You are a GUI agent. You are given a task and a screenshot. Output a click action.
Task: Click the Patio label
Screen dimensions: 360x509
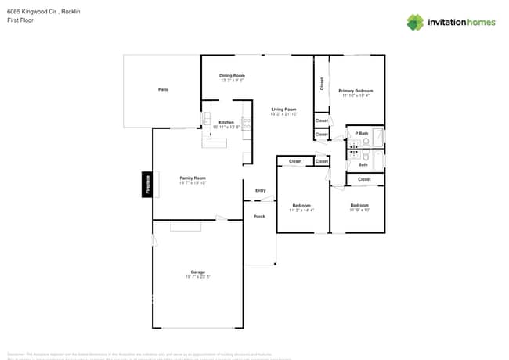tap(163, 89)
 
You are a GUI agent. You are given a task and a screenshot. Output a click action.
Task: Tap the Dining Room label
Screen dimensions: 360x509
tap(232, 75)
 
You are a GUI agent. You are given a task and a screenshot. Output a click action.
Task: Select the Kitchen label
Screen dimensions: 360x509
tap(226, 122)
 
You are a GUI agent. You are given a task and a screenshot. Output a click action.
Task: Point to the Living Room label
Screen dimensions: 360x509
tap(283, 109)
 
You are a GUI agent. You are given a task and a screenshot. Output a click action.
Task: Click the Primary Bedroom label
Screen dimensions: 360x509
tap(356, 91)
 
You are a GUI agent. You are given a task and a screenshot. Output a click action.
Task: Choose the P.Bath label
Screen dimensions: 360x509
tap(361, 134)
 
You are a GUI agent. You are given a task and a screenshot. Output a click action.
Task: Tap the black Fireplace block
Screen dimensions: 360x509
tap(146, 185)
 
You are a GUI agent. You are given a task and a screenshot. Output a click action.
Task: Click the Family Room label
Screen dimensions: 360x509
tap(193, 178)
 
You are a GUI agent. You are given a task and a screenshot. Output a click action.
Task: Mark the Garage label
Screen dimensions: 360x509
tap(197, 272)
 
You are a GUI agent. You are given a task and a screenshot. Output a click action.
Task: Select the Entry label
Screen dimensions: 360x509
tap(260, 190)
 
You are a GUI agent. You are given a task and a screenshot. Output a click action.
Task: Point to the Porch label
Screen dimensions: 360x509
tap(259, 216)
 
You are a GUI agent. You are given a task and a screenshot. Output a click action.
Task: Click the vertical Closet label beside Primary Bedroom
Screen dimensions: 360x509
tap(321, 83)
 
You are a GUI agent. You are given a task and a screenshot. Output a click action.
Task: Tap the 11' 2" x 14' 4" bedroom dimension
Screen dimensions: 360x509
tap(301, 211)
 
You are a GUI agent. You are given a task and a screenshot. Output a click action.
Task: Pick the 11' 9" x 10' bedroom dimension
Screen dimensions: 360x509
tap(359, 211)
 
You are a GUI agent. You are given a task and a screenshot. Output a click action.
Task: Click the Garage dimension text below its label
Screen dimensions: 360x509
tap(197, 277)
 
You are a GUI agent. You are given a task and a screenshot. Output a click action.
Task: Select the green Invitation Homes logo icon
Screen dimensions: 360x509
tap(415, 22)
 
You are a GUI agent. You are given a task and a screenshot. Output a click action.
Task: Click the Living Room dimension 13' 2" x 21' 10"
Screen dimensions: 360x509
tap(283, 114)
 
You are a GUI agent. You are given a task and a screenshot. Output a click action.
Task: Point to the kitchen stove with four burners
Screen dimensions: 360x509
tap(247, 122)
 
